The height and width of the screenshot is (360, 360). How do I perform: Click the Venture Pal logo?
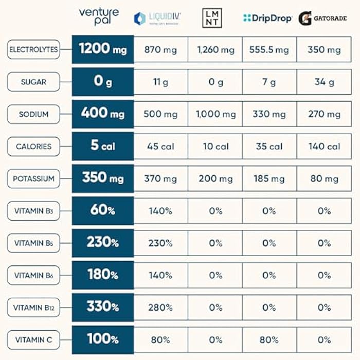click(x=99, y=16)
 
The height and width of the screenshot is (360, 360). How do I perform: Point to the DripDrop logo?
click(x=267, y=19)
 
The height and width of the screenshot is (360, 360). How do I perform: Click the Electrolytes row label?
click(x=33, y=50)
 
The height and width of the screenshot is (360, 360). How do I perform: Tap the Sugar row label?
click(x=33, y=82)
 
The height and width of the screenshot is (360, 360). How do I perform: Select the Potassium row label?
click(x=33, y=178)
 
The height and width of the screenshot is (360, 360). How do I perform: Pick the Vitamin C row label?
click(x=33, y=339)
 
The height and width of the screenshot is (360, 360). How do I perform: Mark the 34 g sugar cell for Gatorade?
click(x=324, y=82)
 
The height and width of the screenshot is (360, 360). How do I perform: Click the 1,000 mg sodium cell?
click(x=215, y=114)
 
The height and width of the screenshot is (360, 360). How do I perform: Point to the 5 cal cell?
click(x=103, y=146)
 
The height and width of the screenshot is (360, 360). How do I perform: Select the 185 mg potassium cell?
click(x=269, y=179)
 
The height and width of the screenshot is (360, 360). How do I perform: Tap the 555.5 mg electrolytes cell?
click(x=269, y=50)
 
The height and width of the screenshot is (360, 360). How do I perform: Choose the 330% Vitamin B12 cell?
click(x=103, y=307)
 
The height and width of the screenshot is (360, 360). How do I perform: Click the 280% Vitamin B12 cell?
click(x=160, y=308)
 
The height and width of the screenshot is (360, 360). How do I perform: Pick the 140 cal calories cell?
click(x=324, y=147)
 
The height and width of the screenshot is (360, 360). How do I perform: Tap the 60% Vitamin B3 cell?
click(x=103, y=210)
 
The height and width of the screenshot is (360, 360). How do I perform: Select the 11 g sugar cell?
click(x=160, y=82)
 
